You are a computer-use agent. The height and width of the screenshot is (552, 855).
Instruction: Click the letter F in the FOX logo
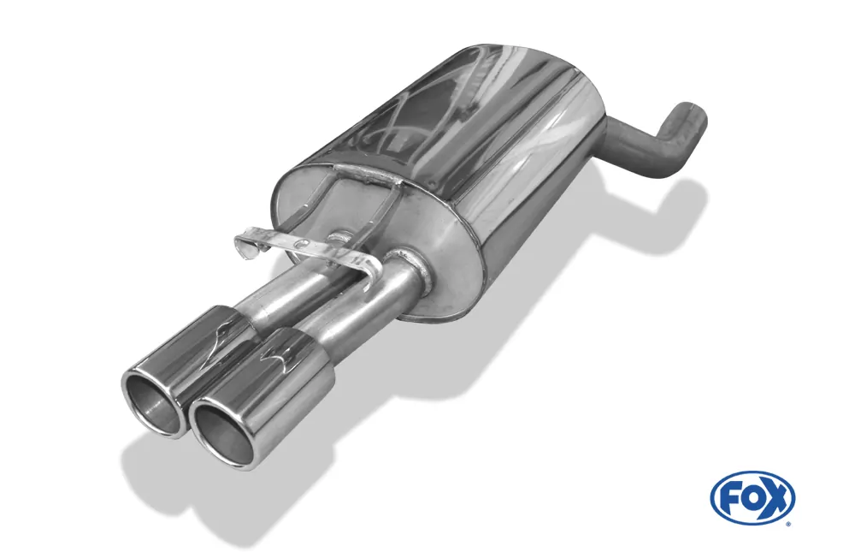click(x=732, y=498)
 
